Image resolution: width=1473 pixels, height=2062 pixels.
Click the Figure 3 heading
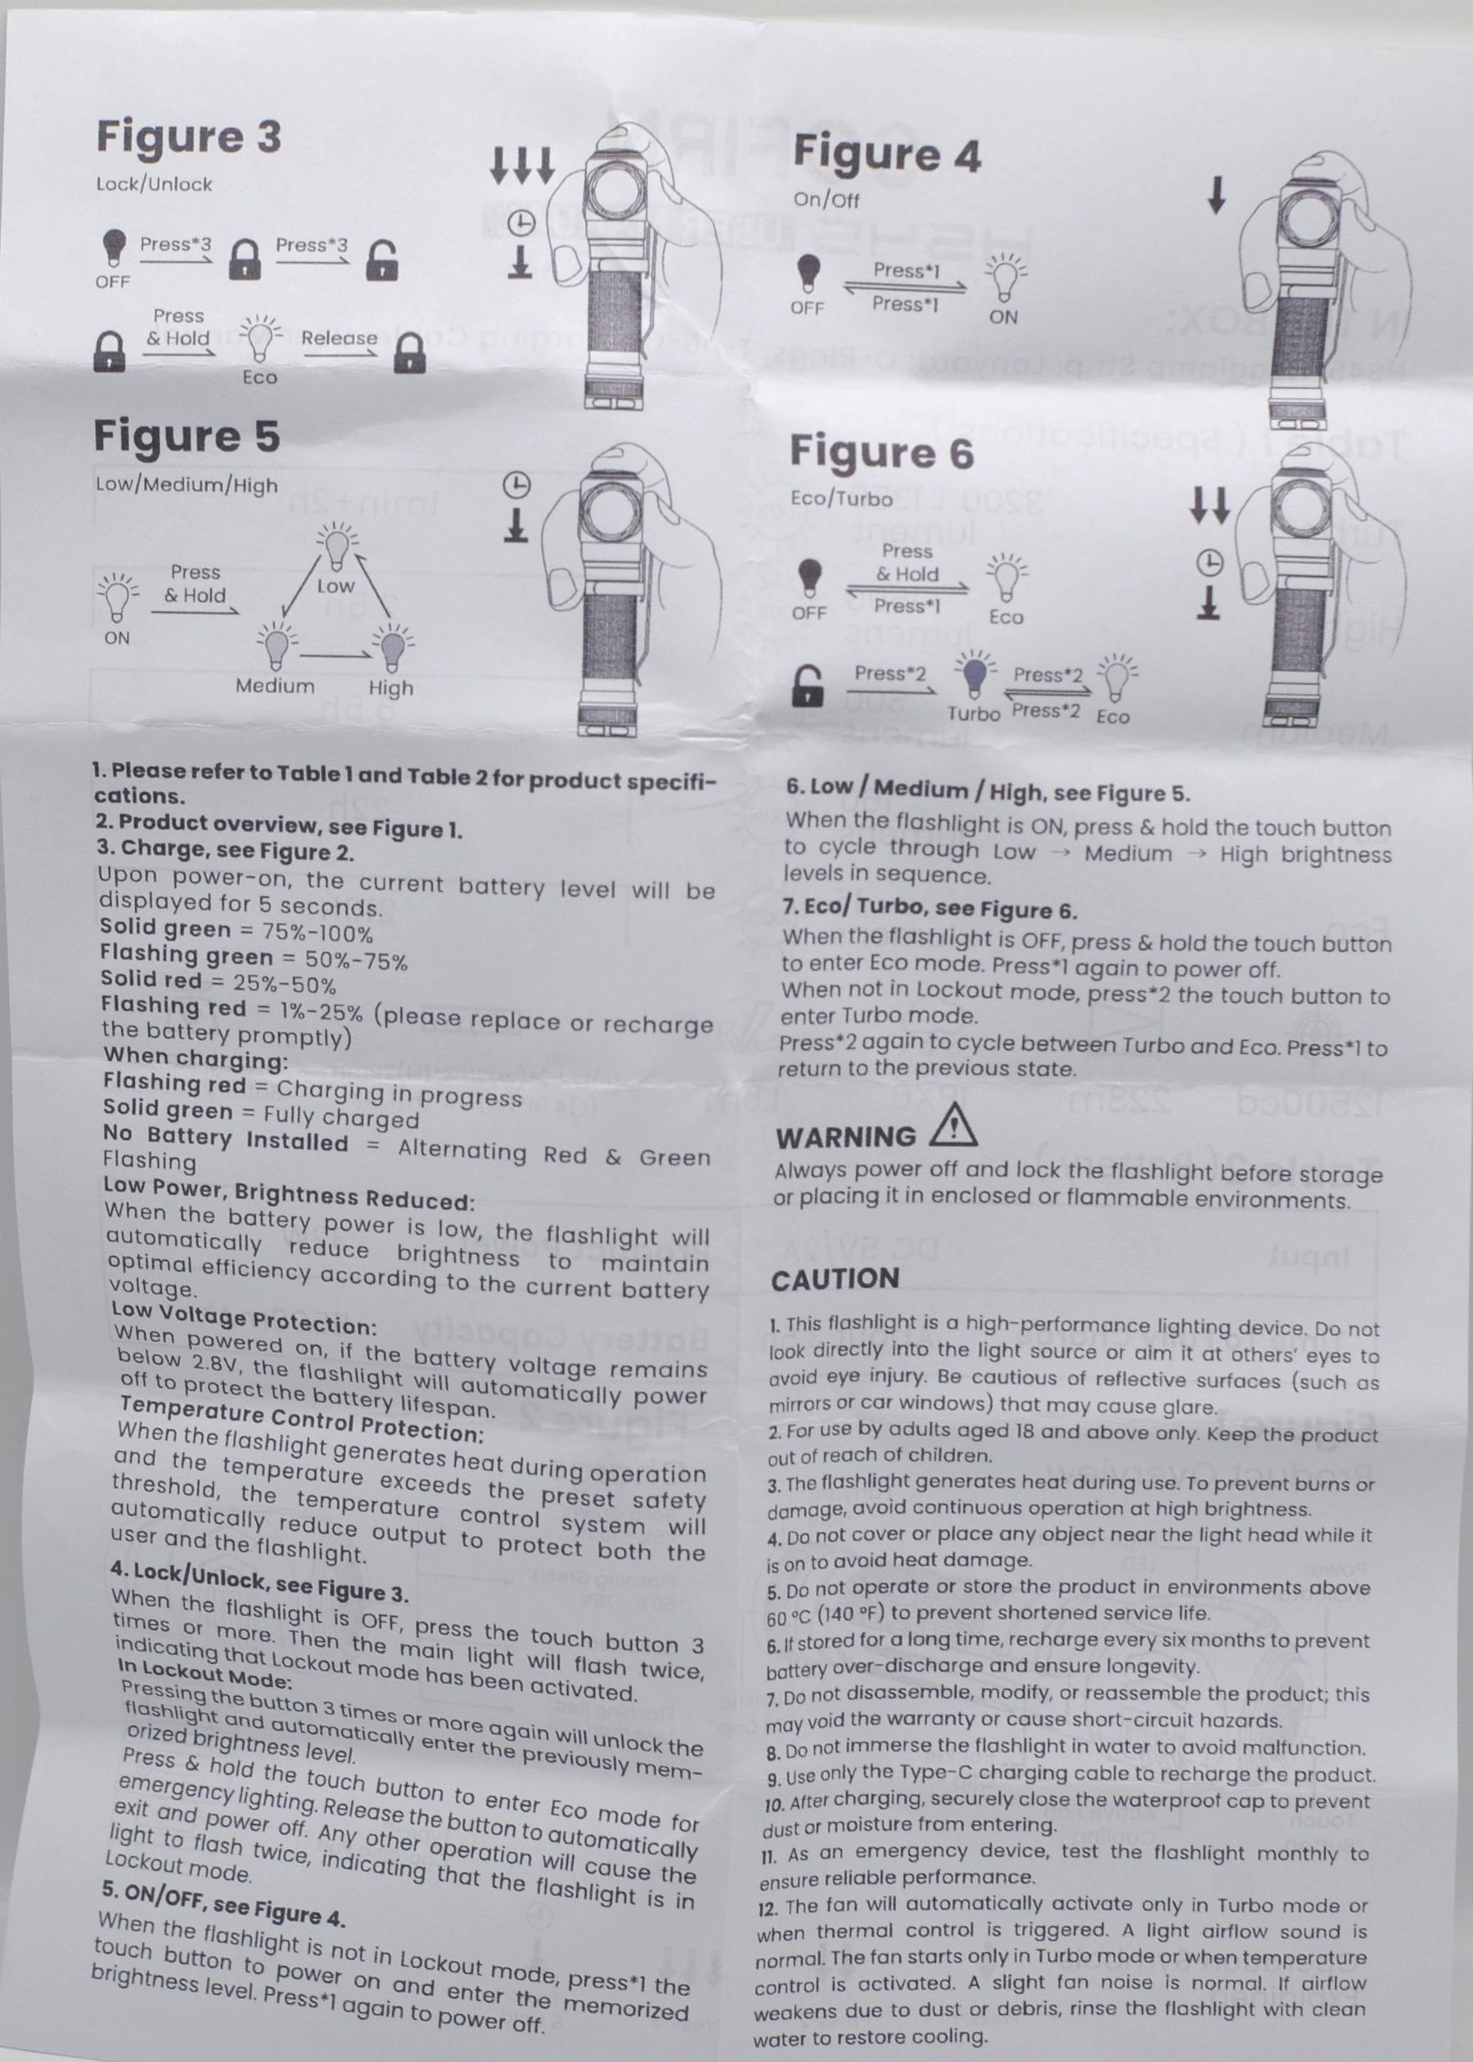click(189, 137)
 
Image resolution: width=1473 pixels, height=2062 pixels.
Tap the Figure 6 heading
click(881, 452)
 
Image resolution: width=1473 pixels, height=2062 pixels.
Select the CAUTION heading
click(835, 1279)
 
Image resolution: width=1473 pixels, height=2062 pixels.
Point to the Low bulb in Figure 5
click(336, 543)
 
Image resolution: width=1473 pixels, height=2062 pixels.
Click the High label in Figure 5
click(391, 687)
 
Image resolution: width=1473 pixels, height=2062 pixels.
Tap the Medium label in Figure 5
click(275, 686)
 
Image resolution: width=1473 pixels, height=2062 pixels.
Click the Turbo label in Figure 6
click(973, 714)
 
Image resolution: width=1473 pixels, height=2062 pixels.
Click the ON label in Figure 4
click(1003, 317)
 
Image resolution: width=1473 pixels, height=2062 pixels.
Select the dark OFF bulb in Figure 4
click(809, 271)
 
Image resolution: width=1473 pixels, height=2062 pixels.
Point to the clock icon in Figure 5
click(516, 486)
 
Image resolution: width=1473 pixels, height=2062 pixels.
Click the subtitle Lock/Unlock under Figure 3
click(154, 184)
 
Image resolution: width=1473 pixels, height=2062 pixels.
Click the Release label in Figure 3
click(340, 337)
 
